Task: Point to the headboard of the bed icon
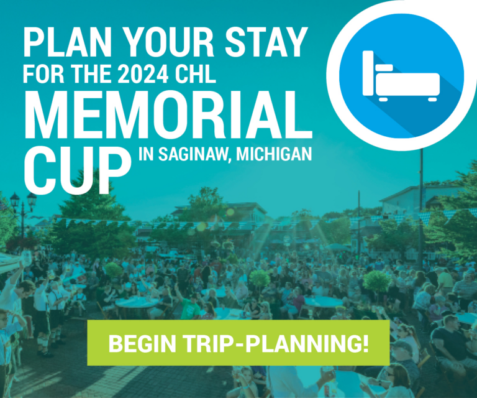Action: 368,72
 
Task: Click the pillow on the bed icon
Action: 384,66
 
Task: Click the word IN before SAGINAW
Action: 147,155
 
